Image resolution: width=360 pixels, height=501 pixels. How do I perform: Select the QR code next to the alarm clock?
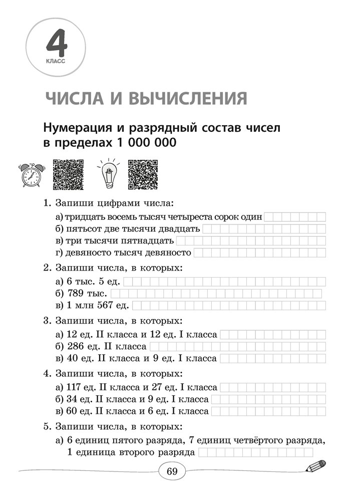[68, 174]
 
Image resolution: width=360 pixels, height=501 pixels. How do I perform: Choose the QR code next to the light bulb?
[143, 174]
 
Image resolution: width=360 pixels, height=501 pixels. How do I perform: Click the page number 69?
[172, 471]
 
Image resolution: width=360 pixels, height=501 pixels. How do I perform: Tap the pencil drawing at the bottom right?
[314, 467]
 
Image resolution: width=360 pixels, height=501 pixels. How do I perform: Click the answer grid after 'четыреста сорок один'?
[294, 217]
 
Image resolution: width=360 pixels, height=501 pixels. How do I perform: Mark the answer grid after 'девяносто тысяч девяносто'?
[259, 253]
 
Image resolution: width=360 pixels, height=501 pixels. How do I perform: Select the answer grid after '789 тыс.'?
[216, 293]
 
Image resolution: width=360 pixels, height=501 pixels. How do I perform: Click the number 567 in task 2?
[100, 305]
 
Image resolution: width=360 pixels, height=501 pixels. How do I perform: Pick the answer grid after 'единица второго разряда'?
[255, 453]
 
